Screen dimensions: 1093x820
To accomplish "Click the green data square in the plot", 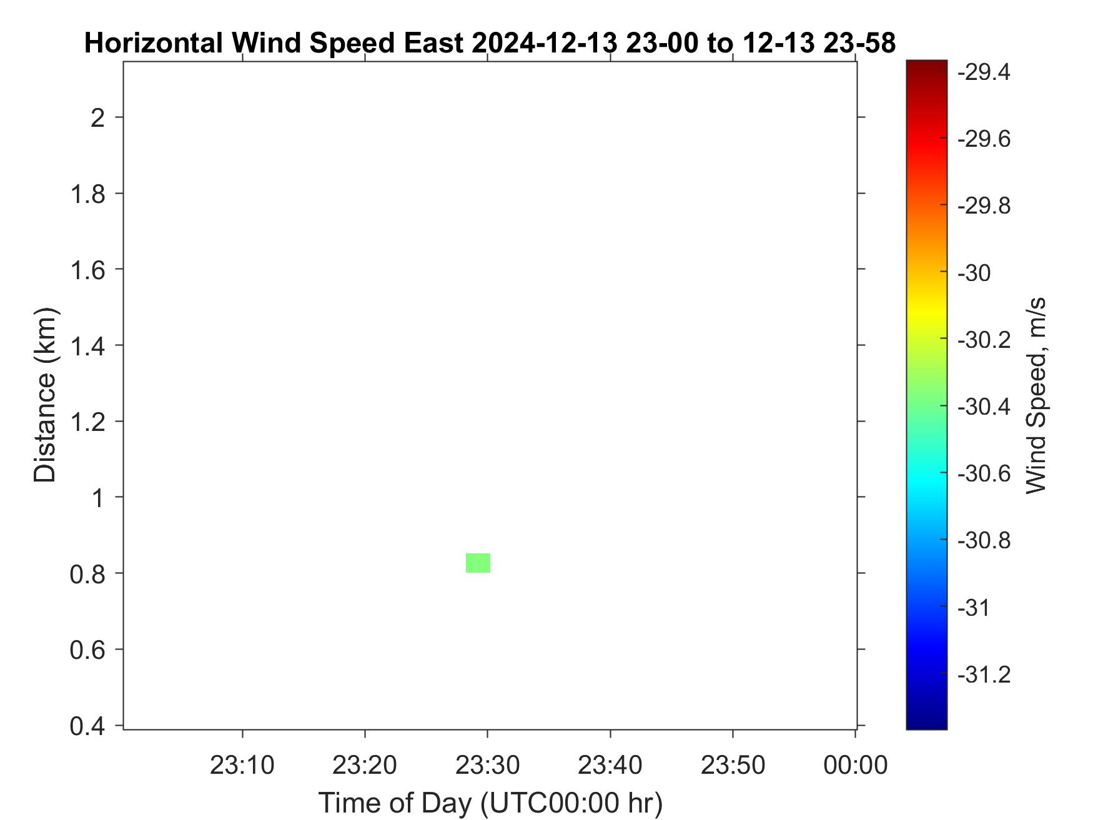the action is click(478, 563).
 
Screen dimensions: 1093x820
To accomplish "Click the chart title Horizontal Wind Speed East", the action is click(274, 43).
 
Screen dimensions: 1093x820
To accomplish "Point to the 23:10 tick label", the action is click(242, 764).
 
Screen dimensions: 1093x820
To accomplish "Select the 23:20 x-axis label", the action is click(365, 764).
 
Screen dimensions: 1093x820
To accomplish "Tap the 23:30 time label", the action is click(487, 764).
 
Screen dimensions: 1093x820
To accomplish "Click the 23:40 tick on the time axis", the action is click(610, 764).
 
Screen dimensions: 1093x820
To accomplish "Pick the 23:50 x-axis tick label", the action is click(733, 764).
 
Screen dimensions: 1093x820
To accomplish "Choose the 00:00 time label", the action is click(856, 764).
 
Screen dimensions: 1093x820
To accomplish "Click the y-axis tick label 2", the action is click(98, 117).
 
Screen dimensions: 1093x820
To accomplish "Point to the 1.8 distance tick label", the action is click(87, 193).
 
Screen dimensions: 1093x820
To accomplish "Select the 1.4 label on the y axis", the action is click(87, 345).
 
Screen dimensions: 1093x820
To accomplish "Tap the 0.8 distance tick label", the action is click(87, 573).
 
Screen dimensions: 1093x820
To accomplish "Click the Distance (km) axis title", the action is click(45, 395).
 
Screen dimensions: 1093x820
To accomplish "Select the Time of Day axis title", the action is click(491, 803).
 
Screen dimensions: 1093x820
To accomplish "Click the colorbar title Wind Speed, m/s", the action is click(1036, 395).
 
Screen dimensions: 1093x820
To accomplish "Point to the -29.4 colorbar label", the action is click(984, 72).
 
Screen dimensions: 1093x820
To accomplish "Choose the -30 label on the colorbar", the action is click(974, 273).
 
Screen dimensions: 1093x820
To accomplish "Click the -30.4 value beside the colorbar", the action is click(984, 407).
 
